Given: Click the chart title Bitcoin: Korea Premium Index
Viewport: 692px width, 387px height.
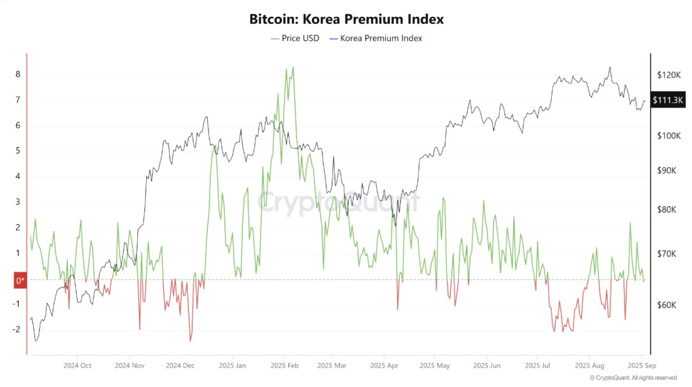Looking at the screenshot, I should pos(346,19).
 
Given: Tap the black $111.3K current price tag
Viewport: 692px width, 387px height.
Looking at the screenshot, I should pos(667,100).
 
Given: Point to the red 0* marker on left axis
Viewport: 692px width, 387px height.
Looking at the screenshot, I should pos(20,280).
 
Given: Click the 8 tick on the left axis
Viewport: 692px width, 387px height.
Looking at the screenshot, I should pos(18,75).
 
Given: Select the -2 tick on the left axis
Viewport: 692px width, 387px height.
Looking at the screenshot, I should pos(16,329).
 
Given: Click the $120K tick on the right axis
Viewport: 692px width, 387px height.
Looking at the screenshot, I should pos(669,75).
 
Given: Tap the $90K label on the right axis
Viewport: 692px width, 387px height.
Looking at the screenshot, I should pos(666,171).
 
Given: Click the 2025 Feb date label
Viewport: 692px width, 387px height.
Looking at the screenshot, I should pos(285,366).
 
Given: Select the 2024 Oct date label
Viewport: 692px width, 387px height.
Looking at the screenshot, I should pos(77,366).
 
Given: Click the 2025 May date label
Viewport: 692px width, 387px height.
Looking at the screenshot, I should pos(434,366).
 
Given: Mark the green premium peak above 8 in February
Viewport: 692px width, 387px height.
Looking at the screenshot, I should pos(293,67).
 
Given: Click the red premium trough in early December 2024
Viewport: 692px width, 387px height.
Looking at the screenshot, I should pos(191,341).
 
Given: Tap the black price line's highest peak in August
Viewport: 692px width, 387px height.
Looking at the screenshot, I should pos(610,67).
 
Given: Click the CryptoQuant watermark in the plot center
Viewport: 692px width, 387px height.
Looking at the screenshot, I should pos(338,201).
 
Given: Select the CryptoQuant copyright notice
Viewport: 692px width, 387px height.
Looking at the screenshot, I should pos(633,378).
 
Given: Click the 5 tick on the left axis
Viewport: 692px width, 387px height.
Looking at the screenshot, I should pos(18,151).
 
